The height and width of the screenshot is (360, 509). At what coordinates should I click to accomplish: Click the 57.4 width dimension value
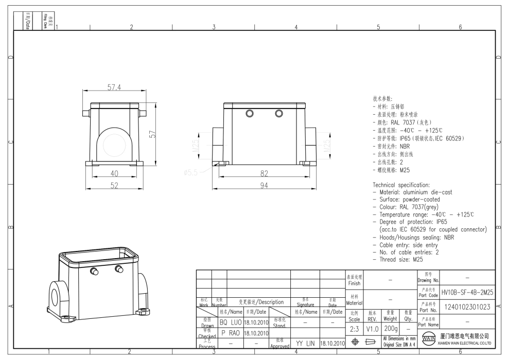tap(114, 87)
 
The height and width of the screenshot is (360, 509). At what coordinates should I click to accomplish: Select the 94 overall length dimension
tap(264, 185)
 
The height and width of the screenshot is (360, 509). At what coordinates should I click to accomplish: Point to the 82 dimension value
tap(264, 174)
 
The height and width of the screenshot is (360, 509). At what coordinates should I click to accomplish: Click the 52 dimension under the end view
tap(114, 185)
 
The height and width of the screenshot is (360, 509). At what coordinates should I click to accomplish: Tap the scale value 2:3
tap(354, 328)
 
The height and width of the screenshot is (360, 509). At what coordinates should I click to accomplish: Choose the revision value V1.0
tap(373, 328)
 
